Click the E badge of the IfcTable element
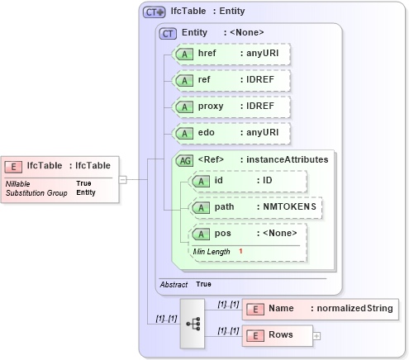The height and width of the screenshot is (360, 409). pyautogui.click(x=15, y=165)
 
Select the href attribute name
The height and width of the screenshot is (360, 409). pyautogui.click(x=207, y=54)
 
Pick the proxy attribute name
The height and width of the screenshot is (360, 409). pyautogui.click(x=210, y=107)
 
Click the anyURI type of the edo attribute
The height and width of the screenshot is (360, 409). pyautogui.click(x=259, y=133)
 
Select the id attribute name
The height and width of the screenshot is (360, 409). pyautogui.click(x=219, y=181)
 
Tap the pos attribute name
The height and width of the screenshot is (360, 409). pyautogui.click(x=222, y=234)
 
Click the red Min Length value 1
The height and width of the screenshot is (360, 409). pyautogui.click(x=241, y=250)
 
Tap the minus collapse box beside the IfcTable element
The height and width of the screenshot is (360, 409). pyautogui.click(x=122, y=178)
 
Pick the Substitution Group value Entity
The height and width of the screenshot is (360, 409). pyautogui.click(x=86, y=192)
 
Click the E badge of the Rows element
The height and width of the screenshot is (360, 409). pyautogui.click(x=255, y=335)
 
